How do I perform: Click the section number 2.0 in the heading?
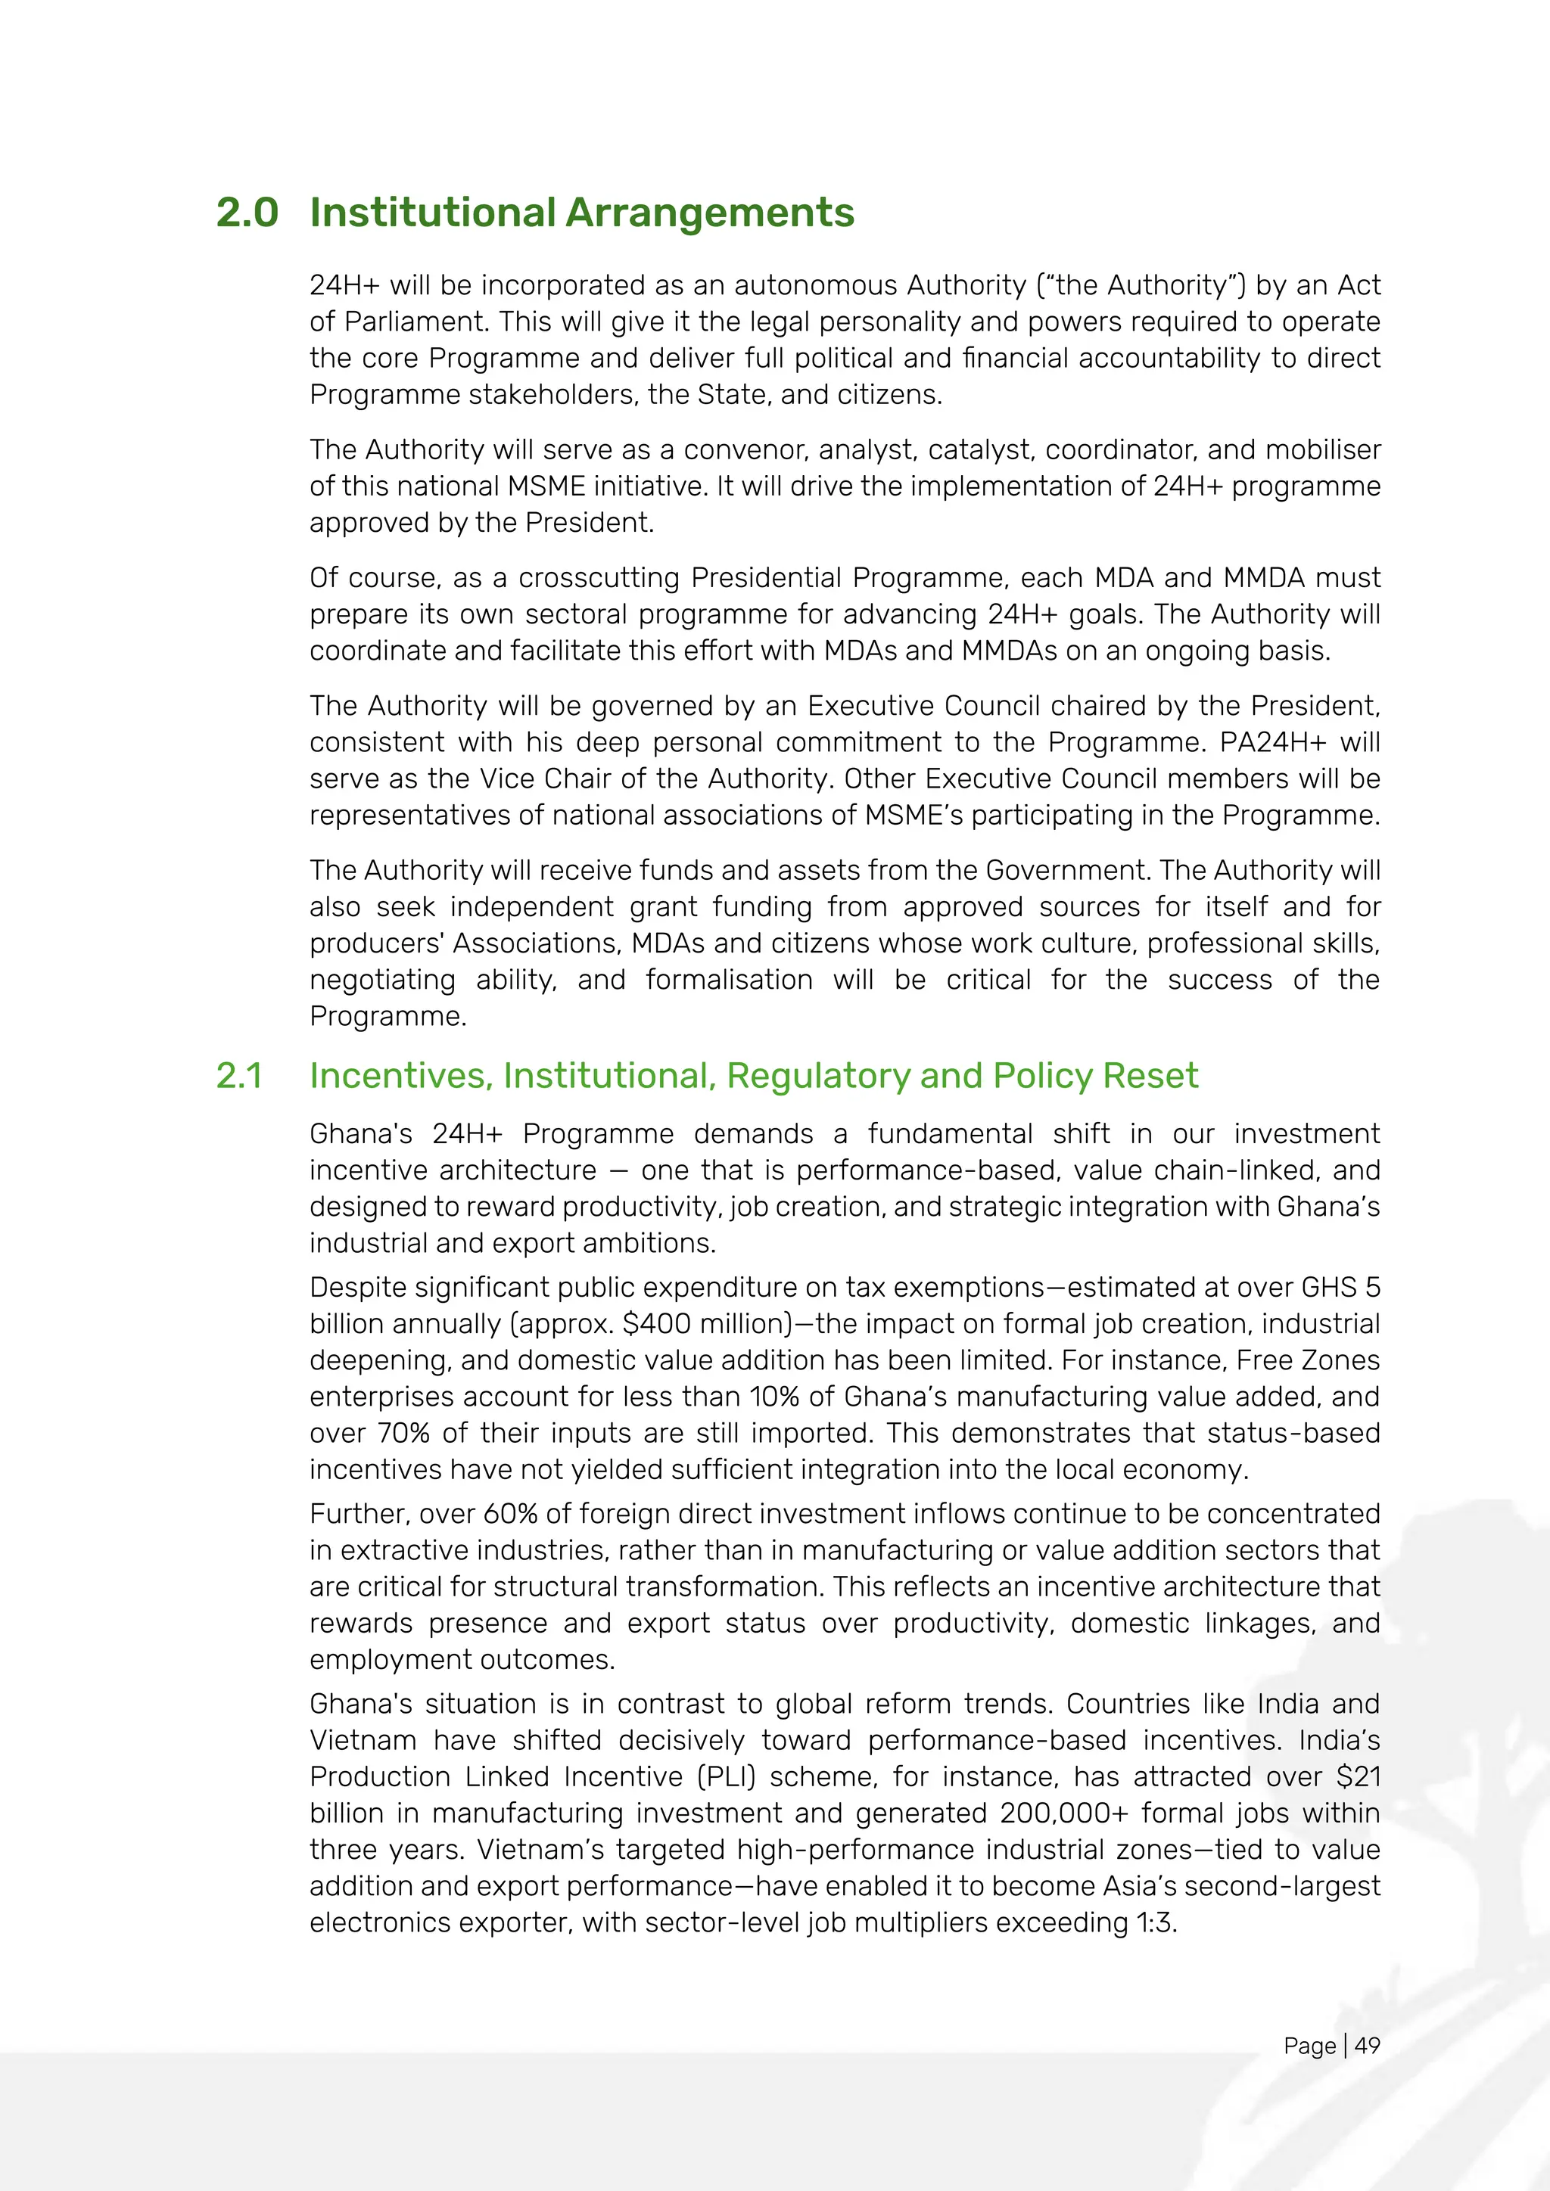pyautogui.click(x=247, y=212)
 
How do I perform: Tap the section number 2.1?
pyautogui.click(x=238, y=1076)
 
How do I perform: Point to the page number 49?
pyautogui.click(x=1367, y=2045)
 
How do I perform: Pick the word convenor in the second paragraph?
pyautogui.click(x=742, y=449)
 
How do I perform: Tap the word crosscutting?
pyautogui.click(x=599, y=577)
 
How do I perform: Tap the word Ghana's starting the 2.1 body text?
pyautogui.click(x=361, y=1133)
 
